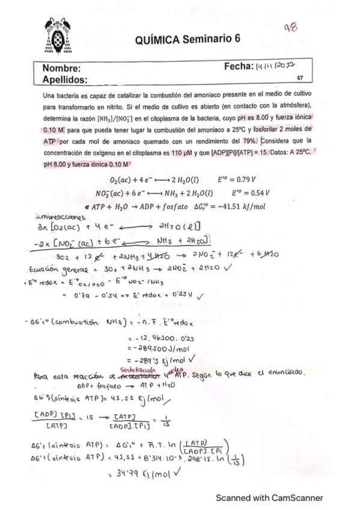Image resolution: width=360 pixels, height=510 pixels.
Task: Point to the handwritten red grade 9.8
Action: (291, 27)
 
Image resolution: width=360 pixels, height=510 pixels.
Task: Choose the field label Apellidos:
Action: (64, 79)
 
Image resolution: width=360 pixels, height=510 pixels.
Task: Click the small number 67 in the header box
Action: (300, 78)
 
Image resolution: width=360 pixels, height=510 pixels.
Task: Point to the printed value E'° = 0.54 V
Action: (249, 193)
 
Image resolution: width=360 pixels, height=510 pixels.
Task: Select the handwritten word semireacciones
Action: (65, 216)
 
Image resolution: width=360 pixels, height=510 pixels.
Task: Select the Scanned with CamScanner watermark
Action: (269, 497)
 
